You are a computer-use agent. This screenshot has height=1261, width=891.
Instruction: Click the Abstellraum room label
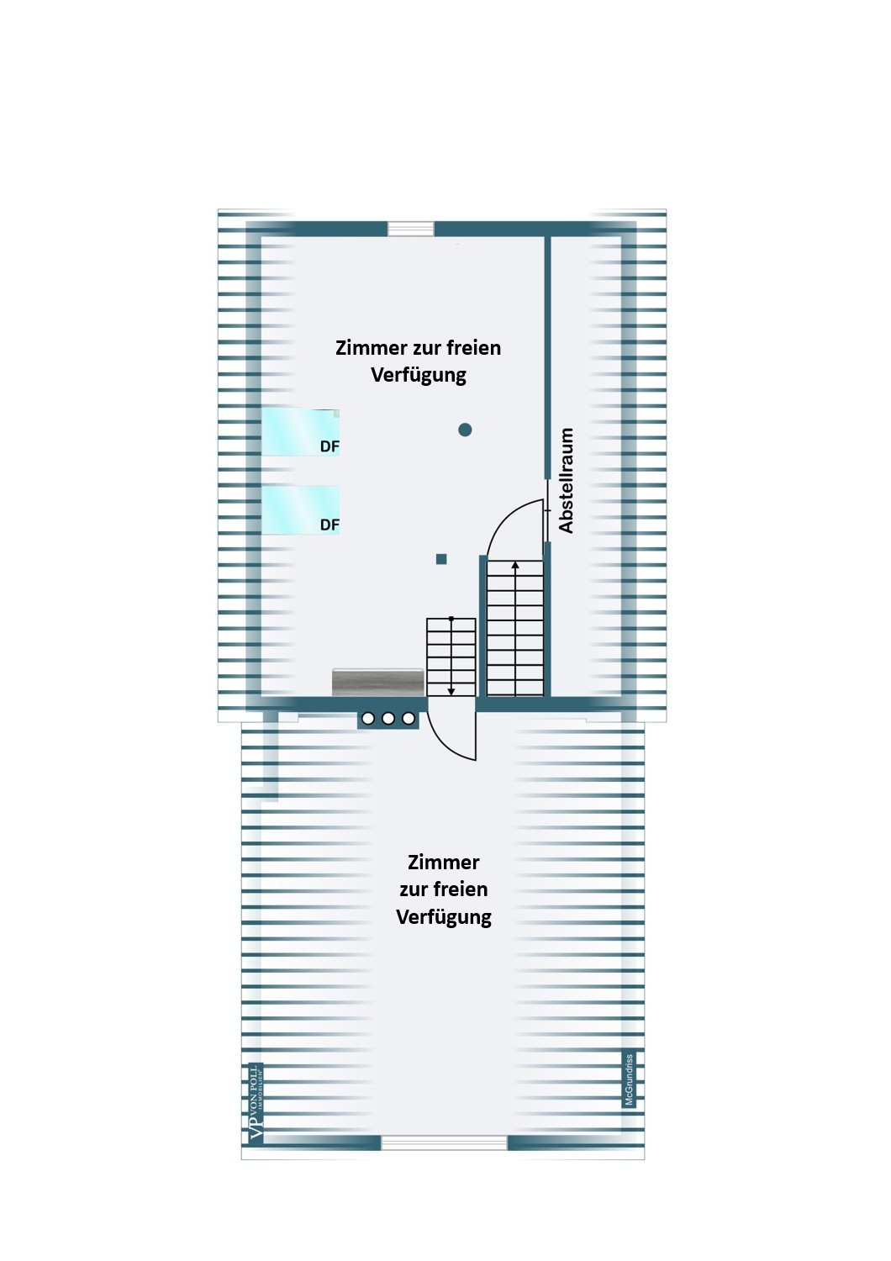567,480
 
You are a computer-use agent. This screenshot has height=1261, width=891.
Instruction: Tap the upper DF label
330,446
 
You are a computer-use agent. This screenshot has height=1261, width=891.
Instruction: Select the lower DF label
330,525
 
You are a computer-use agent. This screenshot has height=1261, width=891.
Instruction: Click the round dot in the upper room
465,430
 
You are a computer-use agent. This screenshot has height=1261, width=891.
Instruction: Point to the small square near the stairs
441,559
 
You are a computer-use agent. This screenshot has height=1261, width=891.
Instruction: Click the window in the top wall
411,229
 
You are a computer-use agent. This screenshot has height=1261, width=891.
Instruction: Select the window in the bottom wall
444,1142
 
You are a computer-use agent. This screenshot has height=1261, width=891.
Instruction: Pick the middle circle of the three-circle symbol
388,719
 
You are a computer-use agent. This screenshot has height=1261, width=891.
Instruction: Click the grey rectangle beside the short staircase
377,682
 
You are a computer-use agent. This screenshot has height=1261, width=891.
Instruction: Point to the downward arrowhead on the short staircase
451,691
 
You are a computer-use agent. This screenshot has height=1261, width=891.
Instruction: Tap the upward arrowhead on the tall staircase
515,566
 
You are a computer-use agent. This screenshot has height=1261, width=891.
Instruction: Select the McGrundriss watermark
629,1079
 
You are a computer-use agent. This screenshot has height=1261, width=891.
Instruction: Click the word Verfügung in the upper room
419,375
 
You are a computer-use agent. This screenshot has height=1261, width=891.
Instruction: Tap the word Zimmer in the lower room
444,863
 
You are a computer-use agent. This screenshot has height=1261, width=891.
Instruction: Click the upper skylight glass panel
300,432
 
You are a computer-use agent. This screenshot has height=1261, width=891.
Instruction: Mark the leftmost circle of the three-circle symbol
368,719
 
